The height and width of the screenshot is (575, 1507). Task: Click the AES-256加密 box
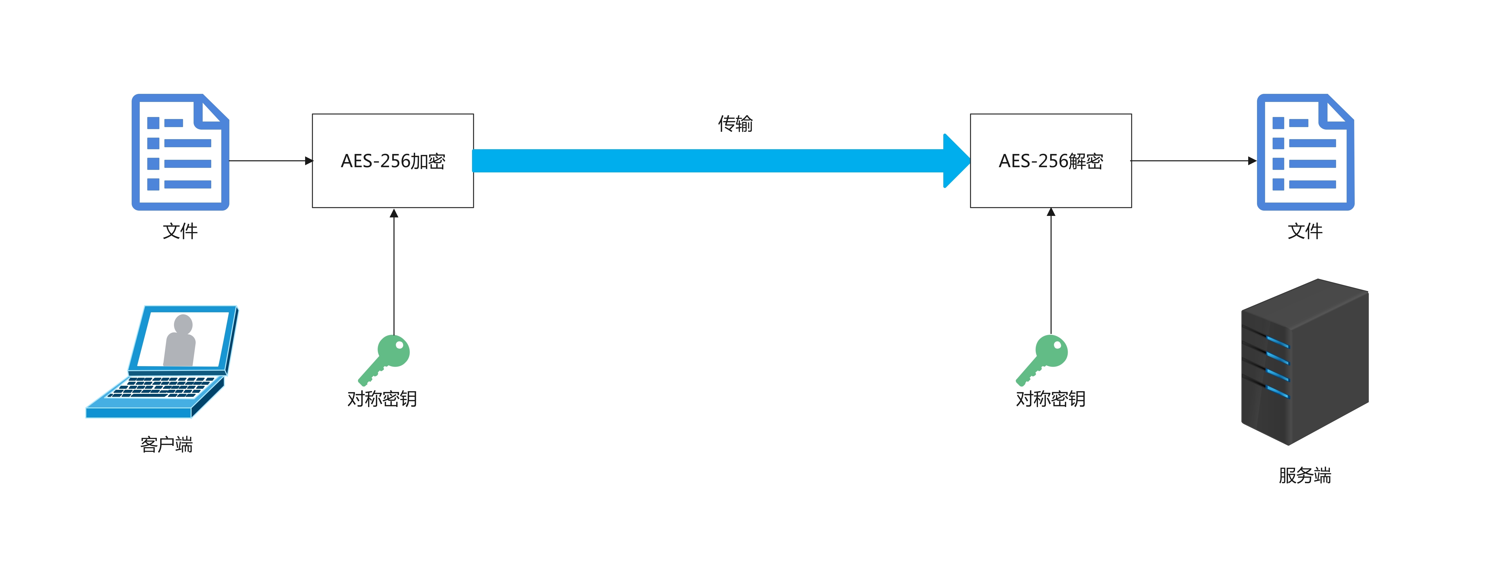coord(392,161)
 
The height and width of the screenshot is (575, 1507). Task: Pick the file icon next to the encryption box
coord(180,152)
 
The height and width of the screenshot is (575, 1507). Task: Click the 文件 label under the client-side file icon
coord(180,231)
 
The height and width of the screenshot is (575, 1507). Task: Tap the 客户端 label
coord(167,445)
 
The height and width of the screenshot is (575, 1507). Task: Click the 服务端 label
coord(1305,475)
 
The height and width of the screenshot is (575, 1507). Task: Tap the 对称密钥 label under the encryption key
coord(382,399)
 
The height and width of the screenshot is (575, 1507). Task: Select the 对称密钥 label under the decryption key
coord(1051,399)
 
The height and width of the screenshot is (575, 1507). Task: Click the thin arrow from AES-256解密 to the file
coord(1193,161)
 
